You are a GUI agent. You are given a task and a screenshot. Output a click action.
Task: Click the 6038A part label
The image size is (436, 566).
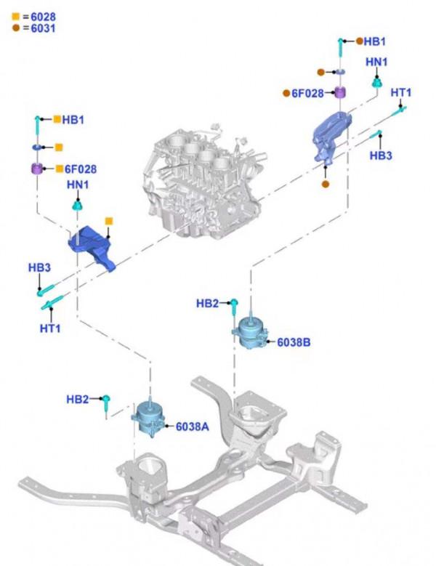coord(192,426)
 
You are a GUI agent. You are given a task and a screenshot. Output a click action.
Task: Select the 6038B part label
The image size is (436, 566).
coord(294,341)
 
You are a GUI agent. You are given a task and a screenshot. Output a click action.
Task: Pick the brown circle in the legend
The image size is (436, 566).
coord(15,28)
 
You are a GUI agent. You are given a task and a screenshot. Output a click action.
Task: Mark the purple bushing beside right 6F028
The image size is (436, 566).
coord(339,93)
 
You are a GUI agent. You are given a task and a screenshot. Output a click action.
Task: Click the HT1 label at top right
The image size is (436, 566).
coord(401,92)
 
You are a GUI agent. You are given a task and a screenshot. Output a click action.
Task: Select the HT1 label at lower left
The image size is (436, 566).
coord(50,328)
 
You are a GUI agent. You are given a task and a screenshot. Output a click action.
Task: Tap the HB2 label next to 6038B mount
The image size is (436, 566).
coord(207,303)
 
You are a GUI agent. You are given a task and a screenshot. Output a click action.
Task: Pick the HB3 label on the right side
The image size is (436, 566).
coord(381,155)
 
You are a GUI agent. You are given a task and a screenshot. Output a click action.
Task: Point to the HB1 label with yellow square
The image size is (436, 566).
coord(73,119)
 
